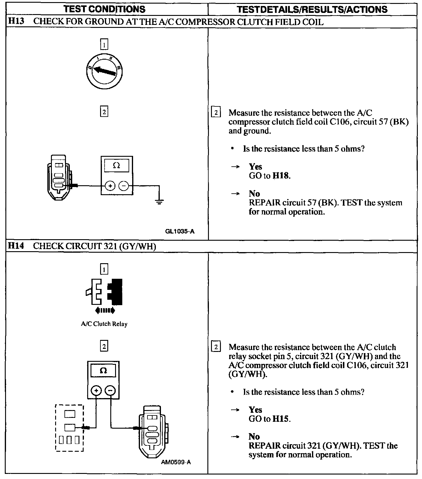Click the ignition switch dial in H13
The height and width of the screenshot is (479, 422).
104,71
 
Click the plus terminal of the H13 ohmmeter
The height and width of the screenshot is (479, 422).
110,186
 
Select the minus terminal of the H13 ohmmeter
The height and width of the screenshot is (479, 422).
123,186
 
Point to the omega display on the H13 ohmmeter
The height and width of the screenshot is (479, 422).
116,165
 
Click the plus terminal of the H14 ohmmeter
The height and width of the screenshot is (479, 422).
96,390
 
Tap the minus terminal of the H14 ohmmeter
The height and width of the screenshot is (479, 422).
110,390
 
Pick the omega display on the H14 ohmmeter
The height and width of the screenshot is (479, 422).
103,370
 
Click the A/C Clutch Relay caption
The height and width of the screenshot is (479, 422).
104,324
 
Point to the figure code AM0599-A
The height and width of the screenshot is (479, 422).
176,462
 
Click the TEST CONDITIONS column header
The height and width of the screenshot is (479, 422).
105,9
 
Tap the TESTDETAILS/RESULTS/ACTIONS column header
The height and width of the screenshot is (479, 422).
312,9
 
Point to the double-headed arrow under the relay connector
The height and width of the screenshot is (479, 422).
105,311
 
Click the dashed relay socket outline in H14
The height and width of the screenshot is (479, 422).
70,427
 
